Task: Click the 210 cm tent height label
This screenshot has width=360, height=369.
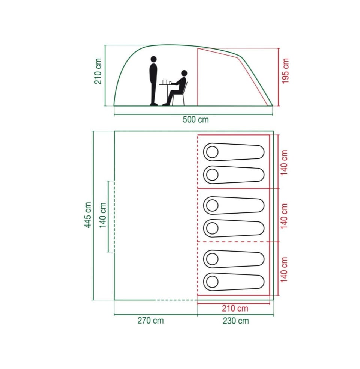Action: [x=98, y=71]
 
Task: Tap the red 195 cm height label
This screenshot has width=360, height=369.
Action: [x=285, y=71]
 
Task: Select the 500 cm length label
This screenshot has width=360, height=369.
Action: [x=196, y=119]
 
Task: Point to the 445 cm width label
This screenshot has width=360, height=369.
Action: [x=88, y=215]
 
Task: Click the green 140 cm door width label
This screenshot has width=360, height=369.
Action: [x=103, y=215]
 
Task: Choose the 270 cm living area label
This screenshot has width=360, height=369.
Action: [x=150, y=321]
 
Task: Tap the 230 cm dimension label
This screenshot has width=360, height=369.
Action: [x=236, y=321]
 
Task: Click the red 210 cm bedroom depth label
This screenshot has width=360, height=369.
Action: [x=235, y=308]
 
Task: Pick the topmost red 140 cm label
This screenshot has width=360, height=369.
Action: [x=284, y=163]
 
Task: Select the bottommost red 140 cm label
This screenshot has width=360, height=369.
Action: [x=284, y=270]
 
